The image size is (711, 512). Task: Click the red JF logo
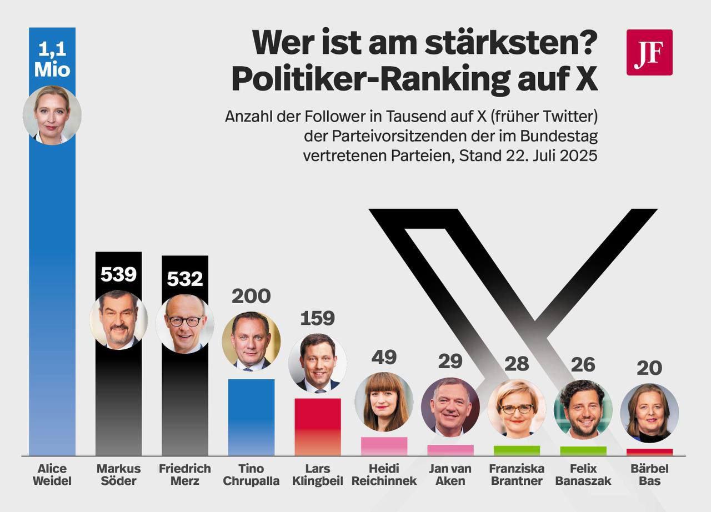point(649,52)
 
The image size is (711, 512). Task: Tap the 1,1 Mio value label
point(52,60)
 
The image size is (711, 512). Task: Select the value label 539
point(118,274)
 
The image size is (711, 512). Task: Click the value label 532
point(185,278)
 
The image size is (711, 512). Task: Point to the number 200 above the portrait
point(251,296)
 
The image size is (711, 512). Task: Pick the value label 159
point(317,318)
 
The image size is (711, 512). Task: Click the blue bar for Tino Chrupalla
point(251,416)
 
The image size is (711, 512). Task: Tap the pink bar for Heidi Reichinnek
point(384,446)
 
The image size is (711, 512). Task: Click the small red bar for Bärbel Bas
point(649,452)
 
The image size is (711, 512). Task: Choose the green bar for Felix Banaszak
point(583,450)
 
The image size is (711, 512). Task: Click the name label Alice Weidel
point(52,475)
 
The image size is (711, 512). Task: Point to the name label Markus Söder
point(118,475)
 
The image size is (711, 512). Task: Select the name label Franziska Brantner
point(517,475)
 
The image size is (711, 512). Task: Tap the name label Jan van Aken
point(450,475)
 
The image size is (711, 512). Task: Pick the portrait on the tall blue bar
point(52,115)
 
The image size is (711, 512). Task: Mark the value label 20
point(649,368)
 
